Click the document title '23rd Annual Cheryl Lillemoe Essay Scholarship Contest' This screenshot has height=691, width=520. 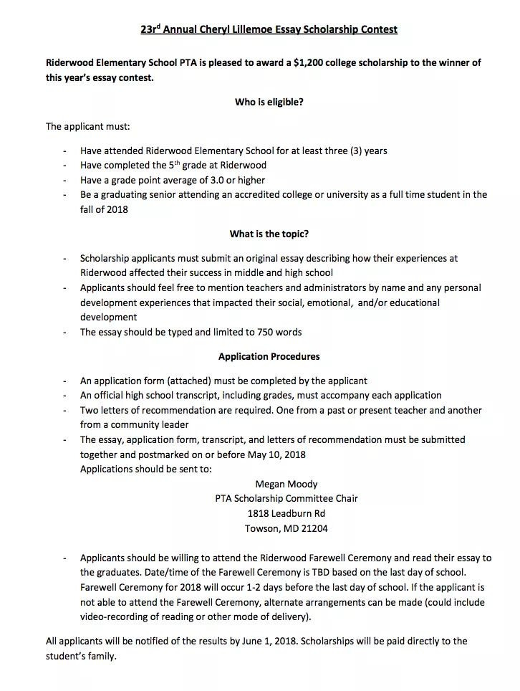coord(269,30)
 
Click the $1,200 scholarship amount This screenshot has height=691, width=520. coord(308,63)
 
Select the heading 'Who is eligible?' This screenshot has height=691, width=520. coord(269,102)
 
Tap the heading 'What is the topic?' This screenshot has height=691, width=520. coord(269,234)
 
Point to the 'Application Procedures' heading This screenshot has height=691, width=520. coord(269,356)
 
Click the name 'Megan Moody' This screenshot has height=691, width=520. coord(286,484)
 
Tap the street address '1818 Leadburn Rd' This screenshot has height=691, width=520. coord(286,513)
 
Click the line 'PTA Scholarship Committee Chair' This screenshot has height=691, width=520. coord(286,498)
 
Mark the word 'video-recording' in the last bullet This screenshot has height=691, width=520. coord(115,616)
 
